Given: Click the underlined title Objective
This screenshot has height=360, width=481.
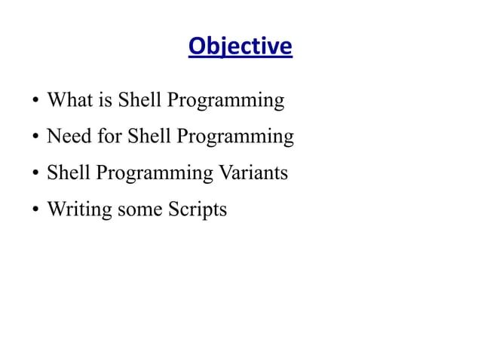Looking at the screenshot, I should click(240, 47).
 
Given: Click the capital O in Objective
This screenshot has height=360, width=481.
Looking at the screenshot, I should click(196, 47).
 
